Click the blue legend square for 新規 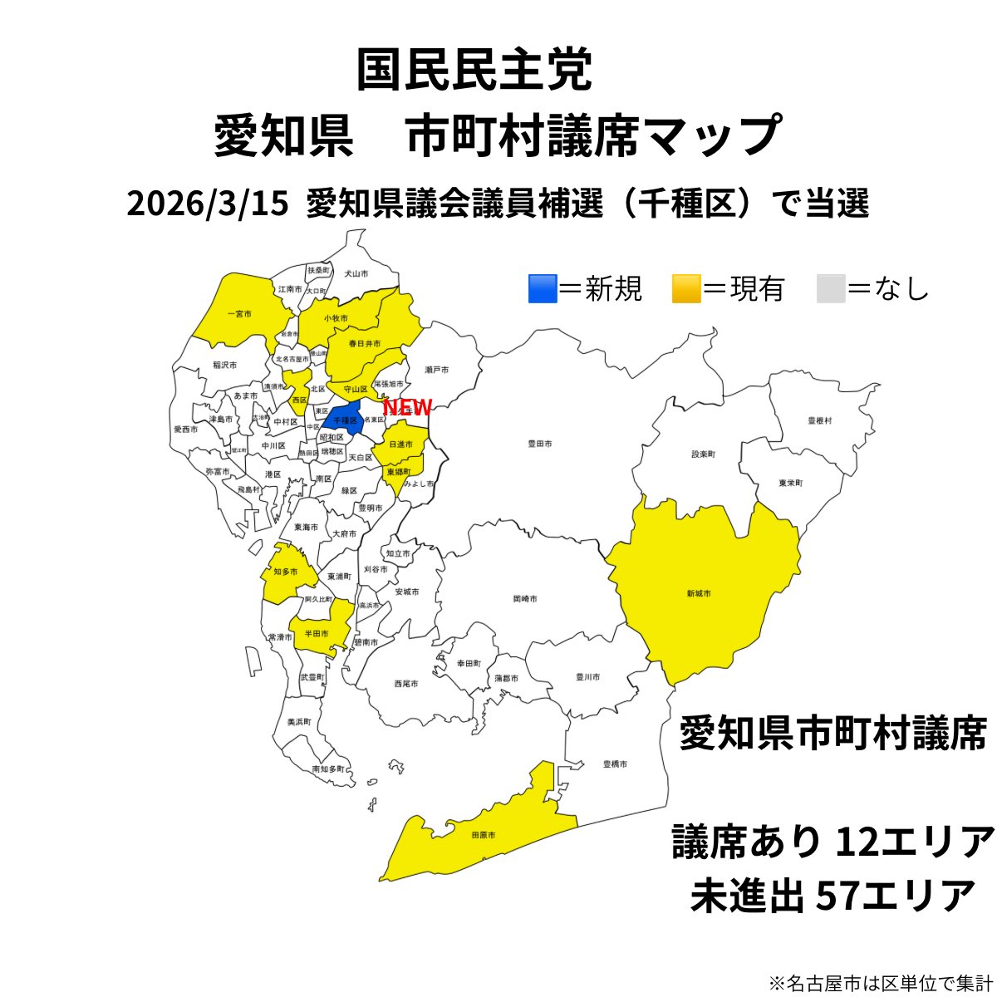click(543, 288)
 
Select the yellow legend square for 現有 click(686, 288)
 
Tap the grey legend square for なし click(830, 288)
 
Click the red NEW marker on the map click(407, 407)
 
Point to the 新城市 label click(698, 593)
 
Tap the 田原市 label click(483, 834)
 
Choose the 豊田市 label click(540, 444)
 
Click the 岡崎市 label click(524, 598)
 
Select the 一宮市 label click(239, 314)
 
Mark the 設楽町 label click(703, 454)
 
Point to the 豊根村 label click(819, 421)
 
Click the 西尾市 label click(406, 683)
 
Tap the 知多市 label click(285, 572)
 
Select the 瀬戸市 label click(436, 369)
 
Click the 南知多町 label click(327, 770)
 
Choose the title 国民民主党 click(474, 71)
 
